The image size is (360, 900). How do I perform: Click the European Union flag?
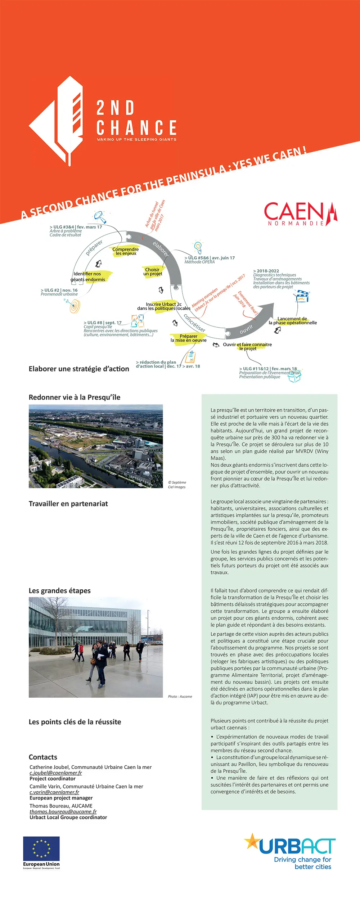pyautogui.click(x=41, y=849)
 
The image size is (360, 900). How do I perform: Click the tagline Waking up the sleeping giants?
pyautogui.click(x=136, y=139)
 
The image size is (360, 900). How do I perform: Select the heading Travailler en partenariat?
pyautogui.click(x=68, y=504)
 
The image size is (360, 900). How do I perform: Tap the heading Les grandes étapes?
pyautogui.click(x=60, y=590)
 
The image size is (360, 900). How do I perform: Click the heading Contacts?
pyautogui.click(x=43, y=757)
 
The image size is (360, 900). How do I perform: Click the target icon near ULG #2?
pyautogui.click(x=74, y=306)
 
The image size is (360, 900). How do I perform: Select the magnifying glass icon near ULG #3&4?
pyautogui.click(x=100, y=217)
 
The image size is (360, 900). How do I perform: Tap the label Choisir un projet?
pyautogui.click(x=153, y=272)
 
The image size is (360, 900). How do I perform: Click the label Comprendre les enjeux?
pyautogui.click(x=125, y=251)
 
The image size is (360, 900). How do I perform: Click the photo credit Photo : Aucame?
pyautogui.click(x=180, y=697)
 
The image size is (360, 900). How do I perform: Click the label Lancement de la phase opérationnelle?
pyautogui.click(x=293, y=321)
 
